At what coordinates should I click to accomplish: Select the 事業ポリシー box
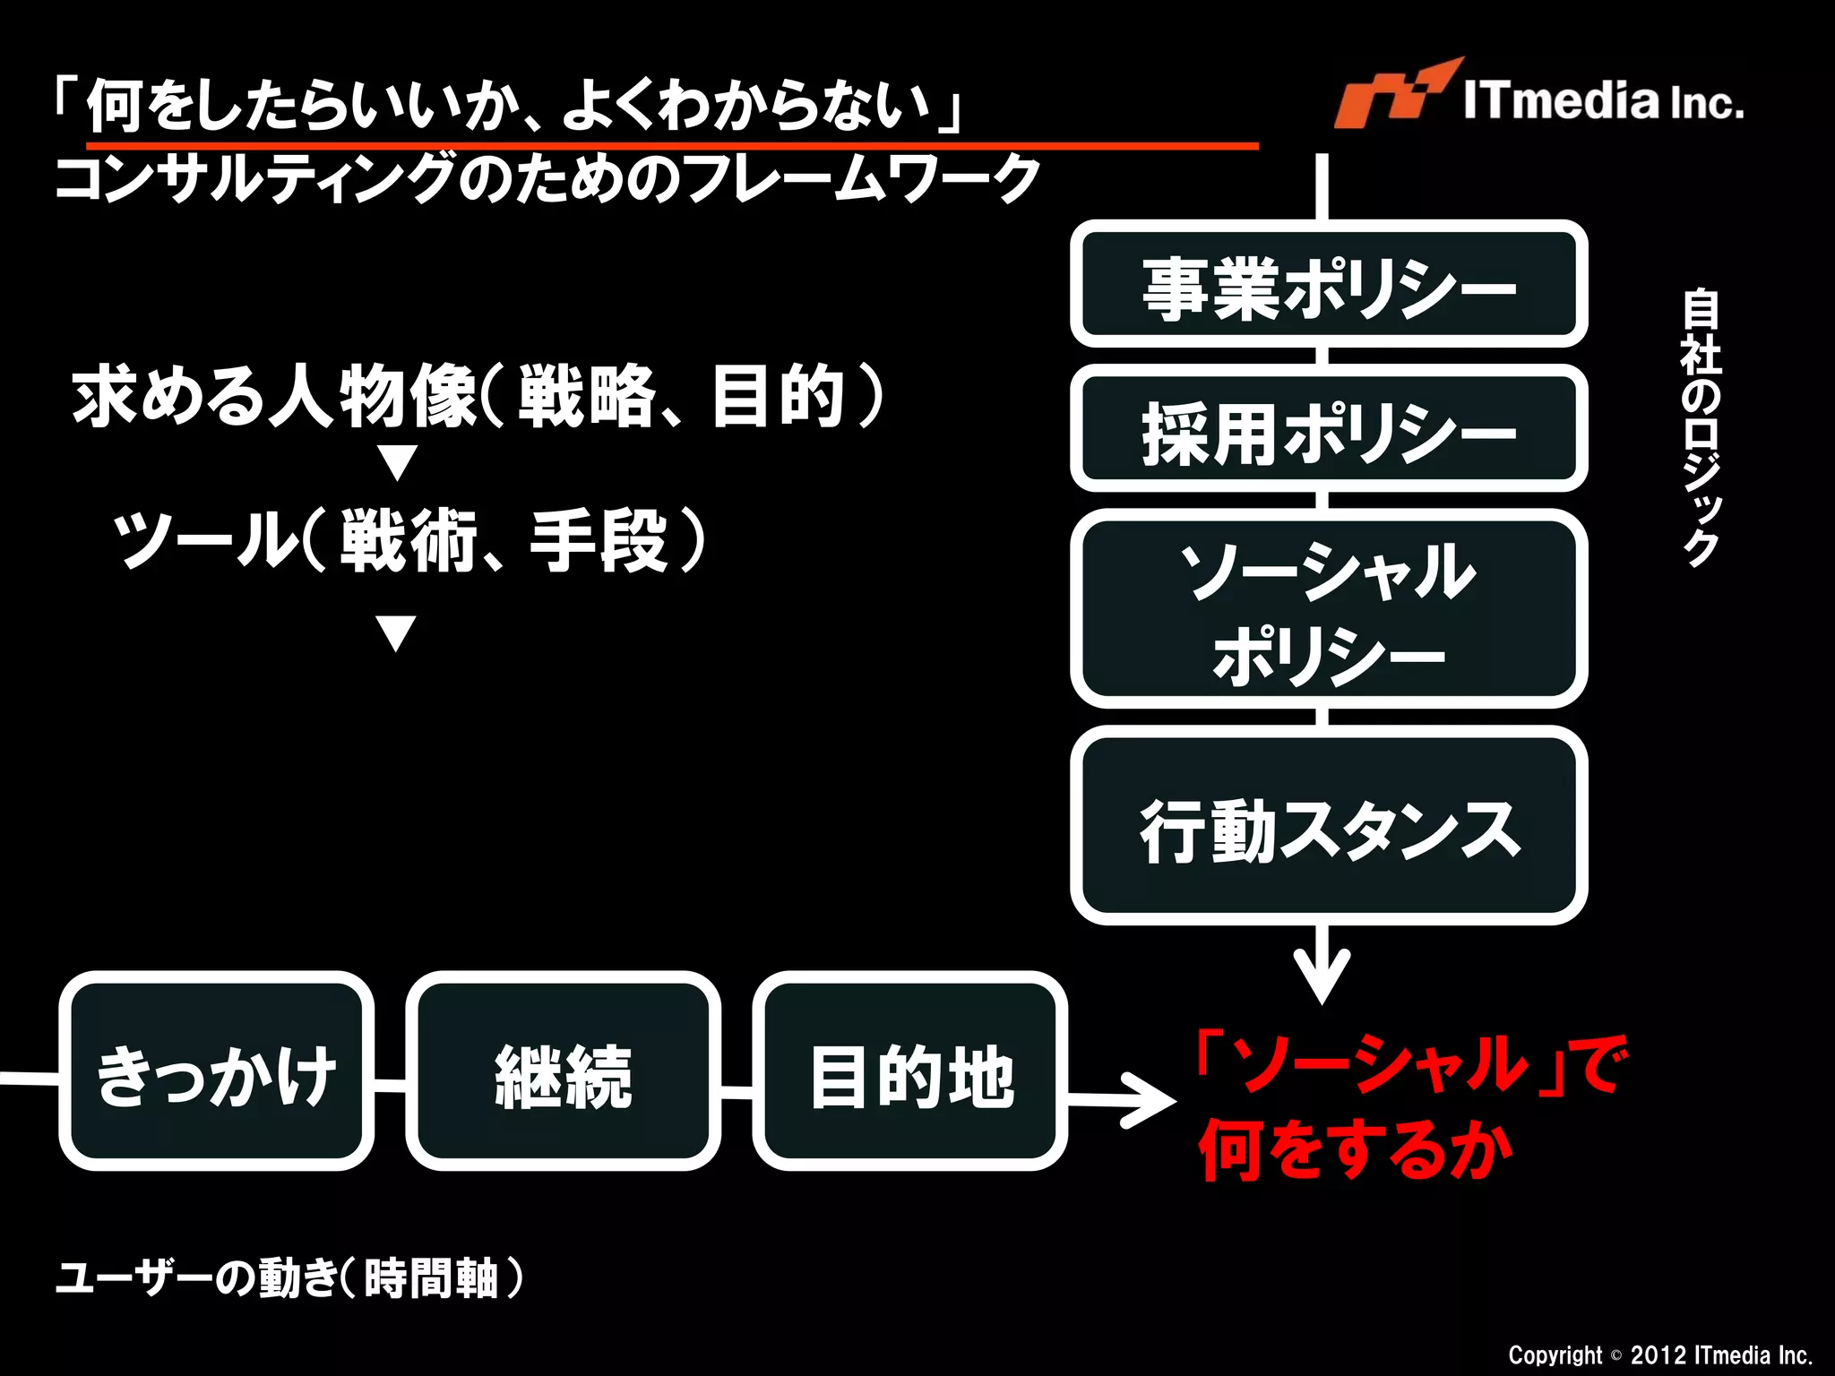tap(1329, 285)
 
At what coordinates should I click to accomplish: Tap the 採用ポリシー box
tap(1329, 429)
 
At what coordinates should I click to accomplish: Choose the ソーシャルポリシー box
tap(1329, 609)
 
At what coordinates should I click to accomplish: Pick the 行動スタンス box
tap(1329, 826)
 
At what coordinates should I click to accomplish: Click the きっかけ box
tap(216, 1071)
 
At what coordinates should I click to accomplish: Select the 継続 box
tap(563, 1071)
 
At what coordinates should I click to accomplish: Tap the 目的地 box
tap(909, 1071)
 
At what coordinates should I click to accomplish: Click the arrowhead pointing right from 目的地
tap(1152, 1100)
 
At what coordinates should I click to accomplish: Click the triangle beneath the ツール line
tap(396, 632)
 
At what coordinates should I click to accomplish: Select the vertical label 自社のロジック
tap(1700, 426)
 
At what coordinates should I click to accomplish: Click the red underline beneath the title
tap(672, 144)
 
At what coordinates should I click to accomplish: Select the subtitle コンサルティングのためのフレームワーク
tap(547, 178)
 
